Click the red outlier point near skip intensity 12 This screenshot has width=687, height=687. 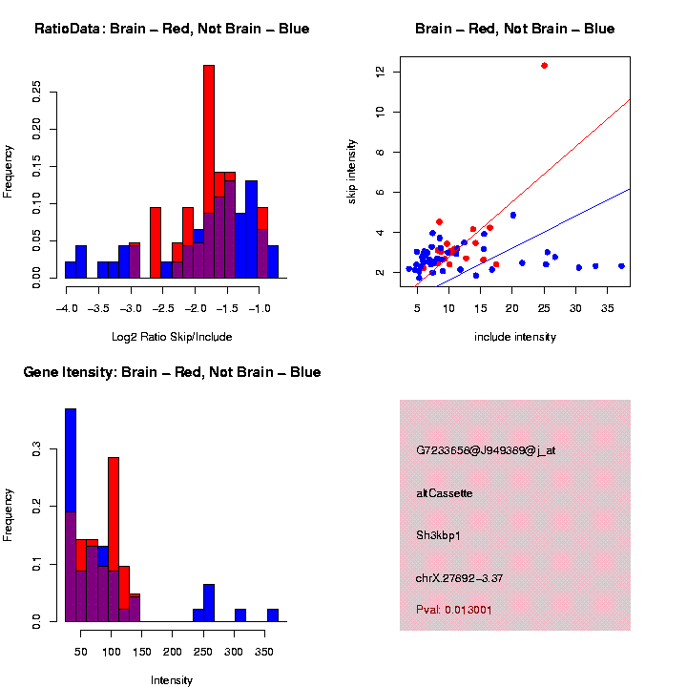click(544, 66)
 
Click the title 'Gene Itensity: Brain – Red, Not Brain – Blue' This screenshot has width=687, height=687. click(172, 372)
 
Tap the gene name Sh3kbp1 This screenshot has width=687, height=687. click(438, 535)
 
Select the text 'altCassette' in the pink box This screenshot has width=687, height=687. click(444, 493)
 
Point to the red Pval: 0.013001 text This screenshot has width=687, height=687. click(454, 609)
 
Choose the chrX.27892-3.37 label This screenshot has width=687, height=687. click(460, 577)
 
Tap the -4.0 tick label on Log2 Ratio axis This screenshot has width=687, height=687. click(67, 310)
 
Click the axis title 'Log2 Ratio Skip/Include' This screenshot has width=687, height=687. click(172, 336)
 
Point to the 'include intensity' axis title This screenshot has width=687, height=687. click(515, 336)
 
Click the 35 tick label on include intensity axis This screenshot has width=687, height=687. click(608, 310)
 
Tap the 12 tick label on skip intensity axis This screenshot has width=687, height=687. click(380, 72)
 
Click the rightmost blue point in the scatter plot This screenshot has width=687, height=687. click(621, 266)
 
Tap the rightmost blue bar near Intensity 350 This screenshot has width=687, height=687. click(273, 615)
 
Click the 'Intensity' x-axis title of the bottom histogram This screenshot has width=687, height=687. click(172, 680)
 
